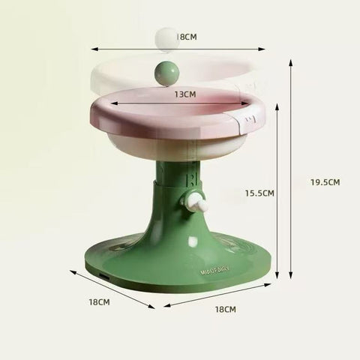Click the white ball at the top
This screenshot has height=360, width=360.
tap(163, 38)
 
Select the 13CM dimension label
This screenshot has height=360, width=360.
tap(184, 94)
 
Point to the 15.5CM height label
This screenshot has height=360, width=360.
tap(259, 193)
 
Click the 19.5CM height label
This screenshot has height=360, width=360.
tap(324, 181)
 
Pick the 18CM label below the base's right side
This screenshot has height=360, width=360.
tap(225, 309)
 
